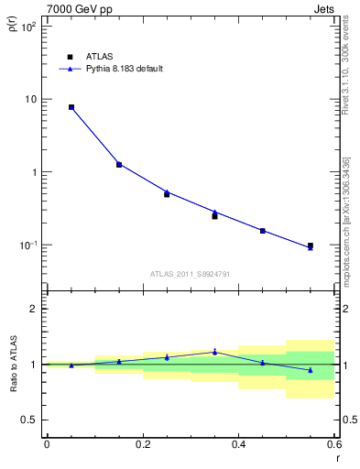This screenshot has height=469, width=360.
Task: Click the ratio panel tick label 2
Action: click(x=32, y=309)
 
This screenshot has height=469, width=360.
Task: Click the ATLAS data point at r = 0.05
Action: click(x=71, y=107)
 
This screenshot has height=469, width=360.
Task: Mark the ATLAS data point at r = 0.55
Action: click(x=311, y=245)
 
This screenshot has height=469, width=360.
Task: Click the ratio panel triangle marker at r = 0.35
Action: click(x=214, y=351)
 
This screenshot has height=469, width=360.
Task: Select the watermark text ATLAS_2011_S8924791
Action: click(x=191, y=274)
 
